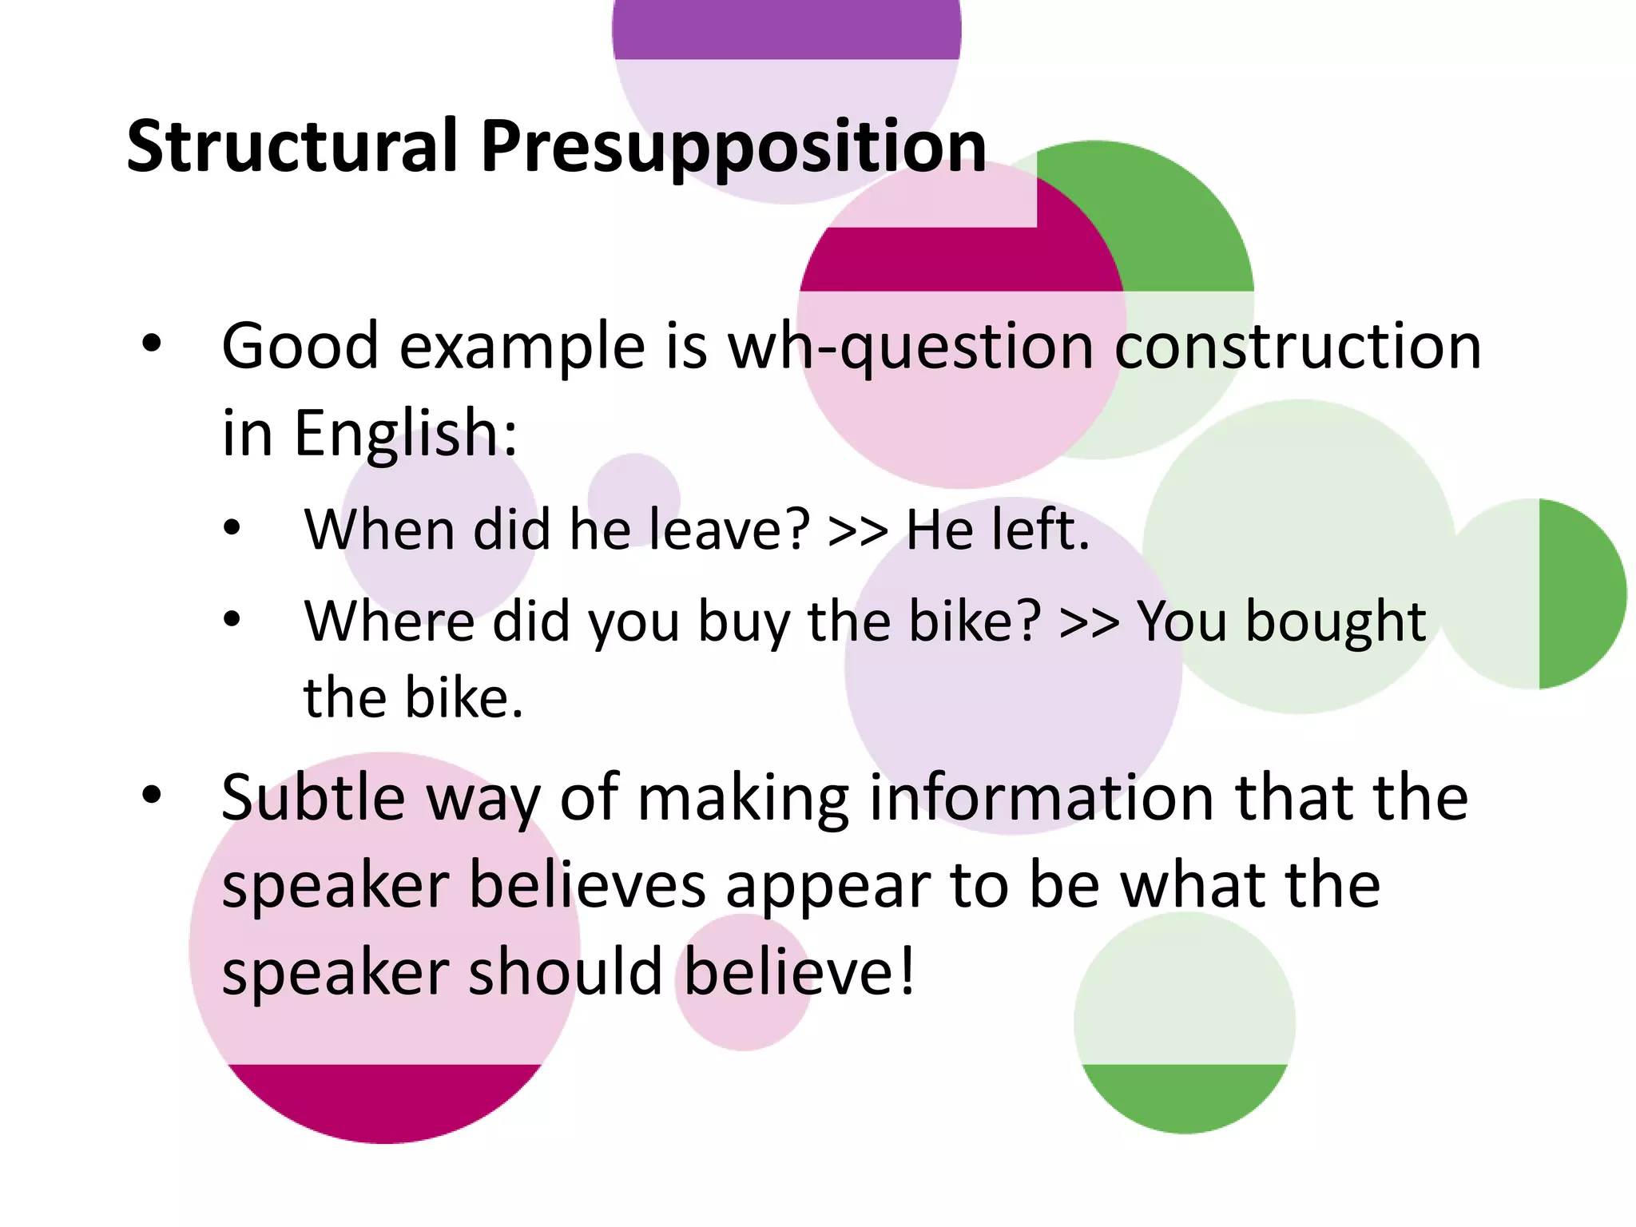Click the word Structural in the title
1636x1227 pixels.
pos(292,146)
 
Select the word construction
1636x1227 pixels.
pos(1297,347)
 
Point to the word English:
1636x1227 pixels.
pos(406,434)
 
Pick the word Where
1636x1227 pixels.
pos(388,621)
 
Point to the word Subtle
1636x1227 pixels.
pos(313,797)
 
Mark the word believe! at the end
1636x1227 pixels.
pos(799,972)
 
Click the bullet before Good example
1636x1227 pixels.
pos(151,344)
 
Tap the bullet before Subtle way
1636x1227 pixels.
pos(151,795)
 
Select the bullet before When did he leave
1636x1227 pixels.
pos(232,528)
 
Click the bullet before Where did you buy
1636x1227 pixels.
pos(232,619)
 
